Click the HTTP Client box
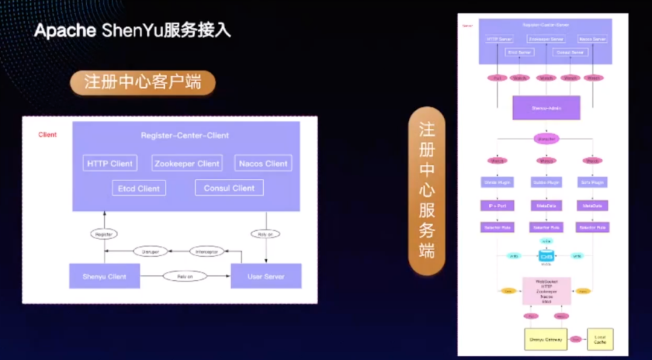click(110, 163)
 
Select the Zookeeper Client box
click(187, 163)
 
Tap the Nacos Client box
click(263, 163)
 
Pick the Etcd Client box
click(139, 188)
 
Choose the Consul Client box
click(229, 188)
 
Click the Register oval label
click(104, 234)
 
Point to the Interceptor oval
click(207, 251)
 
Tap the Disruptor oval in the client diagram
click(150, 251)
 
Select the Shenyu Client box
click(104, 277)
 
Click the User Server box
click(266, 277)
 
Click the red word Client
click(48, 135)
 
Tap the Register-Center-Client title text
click(185, 135)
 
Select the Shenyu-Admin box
click(546, 108)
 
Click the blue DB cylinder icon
click(546, 256)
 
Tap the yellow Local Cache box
click(600, 339)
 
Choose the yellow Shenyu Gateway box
click(546, 339)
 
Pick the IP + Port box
click(497, 206)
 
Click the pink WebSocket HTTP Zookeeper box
click(546, 291)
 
